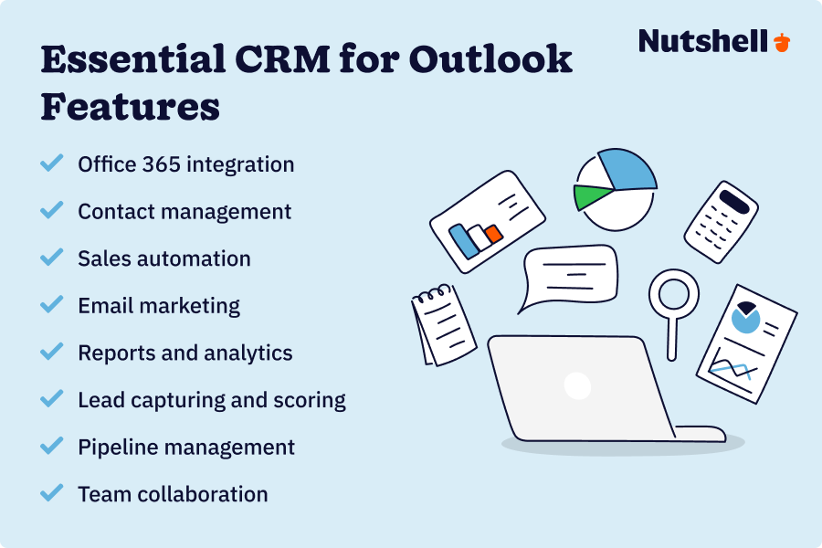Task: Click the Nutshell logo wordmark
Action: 703,41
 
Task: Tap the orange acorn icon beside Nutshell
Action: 782,42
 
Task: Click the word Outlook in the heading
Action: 490,61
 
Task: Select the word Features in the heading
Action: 131,107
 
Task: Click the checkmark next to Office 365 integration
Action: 52,163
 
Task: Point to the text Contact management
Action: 184,212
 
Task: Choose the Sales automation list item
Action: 164,258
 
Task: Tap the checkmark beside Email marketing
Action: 52,304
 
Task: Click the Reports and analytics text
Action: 185,353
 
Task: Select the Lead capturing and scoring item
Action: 212,400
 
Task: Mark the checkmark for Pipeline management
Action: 52,446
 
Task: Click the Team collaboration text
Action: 173,494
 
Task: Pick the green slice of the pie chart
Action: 592,195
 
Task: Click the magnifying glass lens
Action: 673,295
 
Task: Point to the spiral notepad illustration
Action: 443,325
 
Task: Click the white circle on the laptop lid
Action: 577,385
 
